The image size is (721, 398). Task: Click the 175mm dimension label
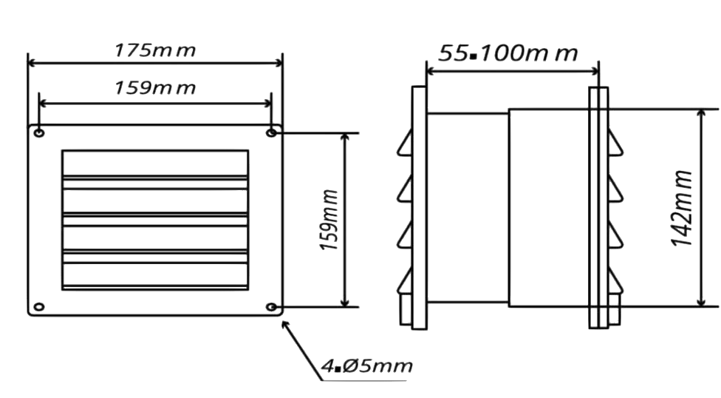[154, 50]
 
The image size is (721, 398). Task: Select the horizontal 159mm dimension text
[154, 88]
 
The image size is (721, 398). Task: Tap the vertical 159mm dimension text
[330, 220]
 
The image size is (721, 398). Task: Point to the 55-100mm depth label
[508, 53]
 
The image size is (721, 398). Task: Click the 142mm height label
[683, 209]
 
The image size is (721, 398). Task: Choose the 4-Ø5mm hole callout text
[367, 366]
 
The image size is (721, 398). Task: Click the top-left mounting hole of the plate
[39, 133]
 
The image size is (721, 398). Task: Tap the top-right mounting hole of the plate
[272, 132]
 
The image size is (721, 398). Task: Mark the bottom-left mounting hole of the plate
[39, 306]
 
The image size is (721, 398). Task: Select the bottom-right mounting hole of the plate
[272, 306]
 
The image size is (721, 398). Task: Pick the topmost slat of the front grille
[154, 163]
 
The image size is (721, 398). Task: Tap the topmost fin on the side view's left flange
[405, 142]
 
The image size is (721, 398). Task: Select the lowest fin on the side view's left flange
[405, 281]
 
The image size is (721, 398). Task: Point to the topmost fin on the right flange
[615, 142]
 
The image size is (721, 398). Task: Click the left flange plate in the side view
[419, 207]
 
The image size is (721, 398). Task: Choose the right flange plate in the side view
[598, 207]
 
